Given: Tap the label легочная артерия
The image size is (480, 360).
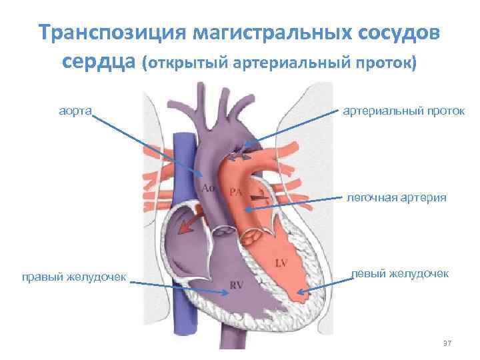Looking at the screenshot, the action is click(397, 197).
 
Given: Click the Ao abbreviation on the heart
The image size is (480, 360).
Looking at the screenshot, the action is click(208, 189).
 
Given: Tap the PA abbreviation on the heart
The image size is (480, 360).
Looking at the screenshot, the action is click(235, 192).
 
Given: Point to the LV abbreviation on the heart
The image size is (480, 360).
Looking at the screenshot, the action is click(281, 263).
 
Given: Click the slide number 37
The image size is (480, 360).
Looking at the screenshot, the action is click(447, 343).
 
